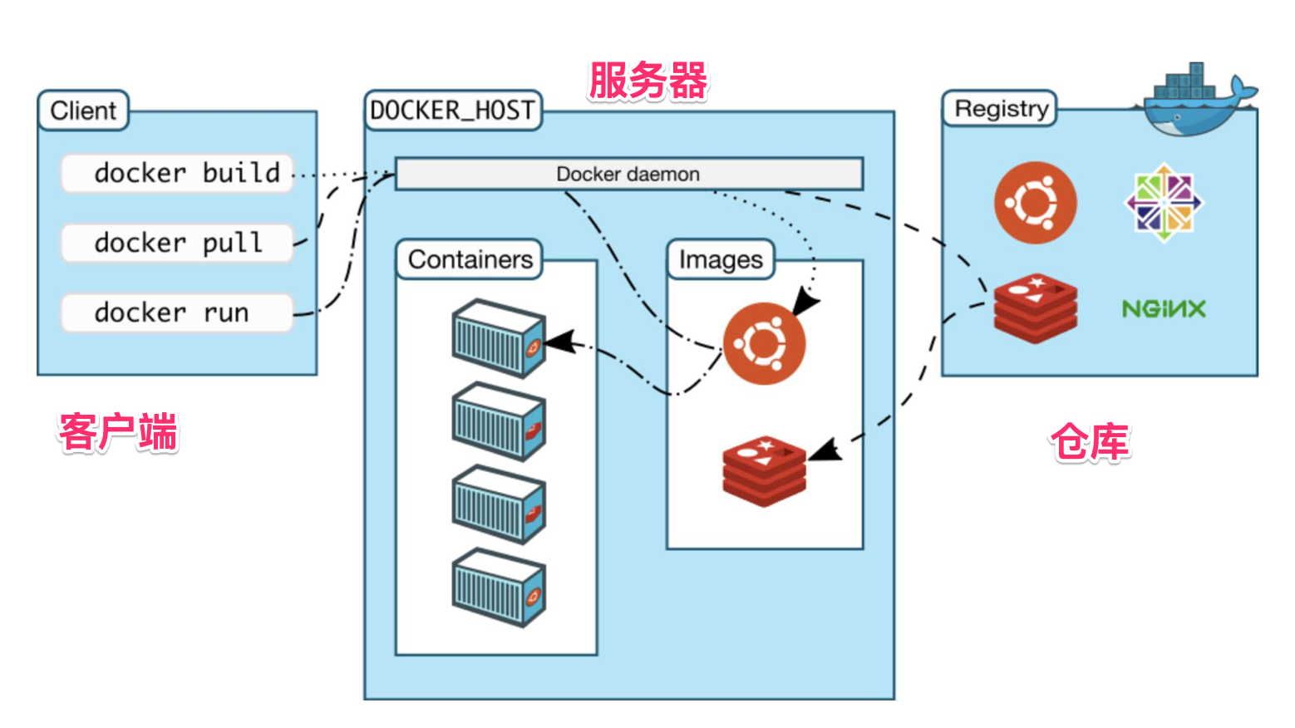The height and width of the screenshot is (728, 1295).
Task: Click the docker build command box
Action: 177,174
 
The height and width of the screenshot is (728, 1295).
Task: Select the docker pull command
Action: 177,243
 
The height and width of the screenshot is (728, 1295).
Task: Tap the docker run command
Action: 177,313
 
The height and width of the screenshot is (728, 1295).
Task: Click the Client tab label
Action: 83,111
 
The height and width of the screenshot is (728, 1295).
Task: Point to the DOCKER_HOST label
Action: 453,111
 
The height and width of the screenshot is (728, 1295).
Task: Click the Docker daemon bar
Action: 628,175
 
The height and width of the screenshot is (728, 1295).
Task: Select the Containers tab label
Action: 470,260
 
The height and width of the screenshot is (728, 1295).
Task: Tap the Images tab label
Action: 721,260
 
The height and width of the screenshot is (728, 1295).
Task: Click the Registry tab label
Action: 1000,109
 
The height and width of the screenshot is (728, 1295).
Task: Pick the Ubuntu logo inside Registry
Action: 1036,203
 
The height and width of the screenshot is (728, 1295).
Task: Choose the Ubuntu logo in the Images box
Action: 764,343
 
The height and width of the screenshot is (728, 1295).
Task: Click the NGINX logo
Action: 1164,310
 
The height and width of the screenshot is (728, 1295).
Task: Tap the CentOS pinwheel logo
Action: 1164,203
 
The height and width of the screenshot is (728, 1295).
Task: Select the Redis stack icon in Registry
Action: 1036,308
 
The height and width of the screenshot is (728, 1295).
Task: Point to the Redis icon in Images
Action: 764,470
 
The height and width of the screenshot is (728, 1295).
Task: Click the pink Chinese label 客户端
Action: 118,432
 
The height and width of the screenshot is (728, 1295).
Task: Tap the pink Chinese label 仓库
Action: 1091,442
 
